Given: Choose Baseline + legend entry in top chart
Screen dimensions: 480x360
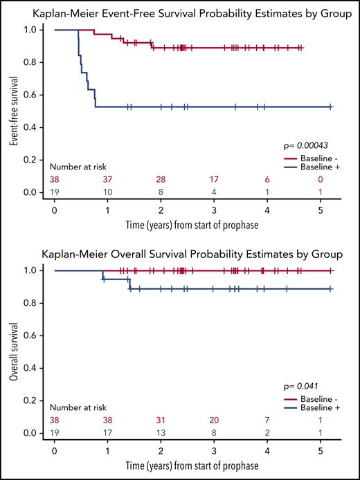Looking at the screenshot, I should [x=313, y=168].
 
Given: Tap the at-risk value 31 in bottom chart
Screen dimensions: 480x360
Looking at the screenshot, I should [x=161, y=419].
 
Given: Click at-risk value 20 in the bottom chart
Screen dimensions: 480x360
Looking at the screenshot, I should [x=214, y=419].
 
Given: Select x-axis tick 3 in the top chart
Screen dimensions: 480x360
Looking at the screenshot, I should [x=214, y=206].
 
